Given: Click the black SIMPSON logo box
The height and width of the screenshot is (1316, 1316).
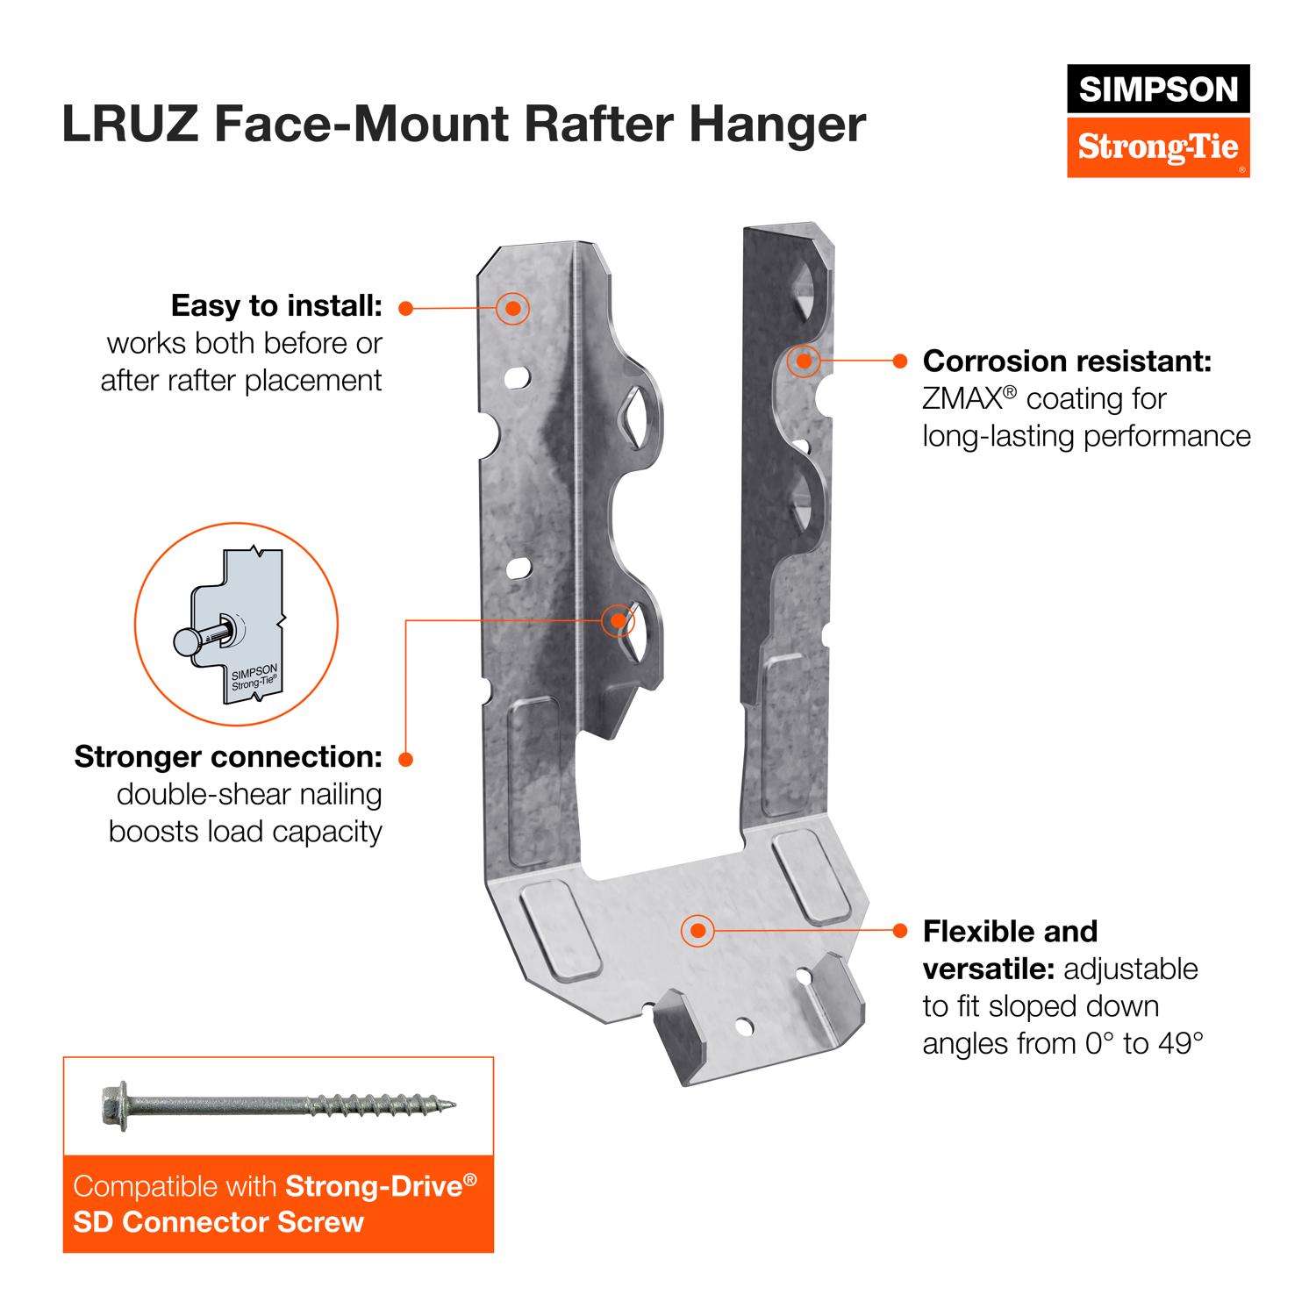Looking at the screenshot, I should point(1158,89).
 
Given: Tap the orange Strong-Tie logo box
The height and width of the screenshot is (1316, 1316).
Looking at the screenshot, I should point(1158,146).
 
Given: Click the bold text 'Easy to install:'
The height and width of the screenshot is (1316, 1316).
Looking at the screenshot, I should point(276,306).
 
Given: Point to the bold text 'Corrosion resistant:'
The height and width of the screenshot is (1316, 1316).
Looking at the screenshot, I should point(1067,361).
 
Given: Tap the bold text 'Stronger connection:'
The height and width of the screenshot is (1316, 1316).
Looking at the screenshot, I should point(228,756).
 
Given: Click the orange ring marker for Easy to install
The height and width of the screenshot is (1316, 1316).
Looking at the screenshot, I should point(512,308).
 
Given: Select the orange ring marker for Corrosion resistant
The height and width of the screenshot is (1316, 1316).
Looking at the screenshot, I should point(803,360).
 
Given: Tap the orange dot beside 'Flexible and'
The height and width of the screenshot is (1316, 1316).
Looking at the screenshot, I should point(899,930).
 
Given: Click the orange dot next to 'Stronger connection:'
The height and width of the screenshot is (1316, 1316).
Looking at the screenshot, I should point(405,759).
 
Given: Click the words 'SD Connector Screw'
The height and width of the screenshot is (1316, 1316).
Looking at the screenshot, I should point(218,1222).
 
